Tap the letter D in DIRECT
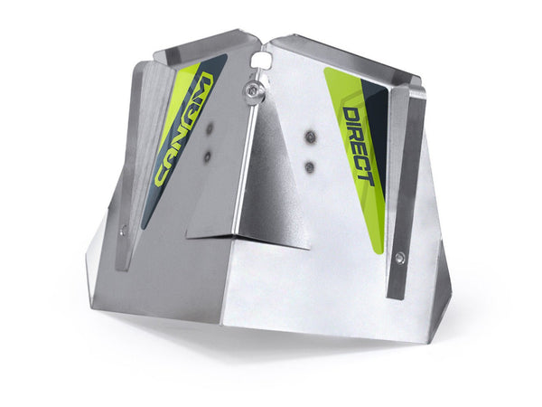pyautogui.click(x=350, y=115)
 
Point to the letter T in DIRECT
pyautogui.click(x=366, y=175)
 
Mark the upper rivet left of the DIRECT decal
pyautogui.click(x=310, y=137)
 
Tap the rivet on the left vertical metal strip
pyautogui.click(x=124, y=230)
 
